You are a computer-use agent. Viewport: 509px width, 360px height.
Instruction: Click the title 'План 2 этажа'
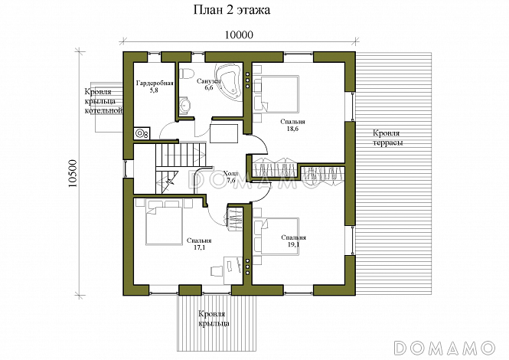point(232,10)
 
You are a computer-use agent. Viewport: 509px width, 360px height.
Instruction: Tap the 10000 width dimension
point(239,34)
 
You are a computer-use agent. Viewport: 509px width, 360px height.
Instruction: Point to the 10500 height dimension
point(73,173)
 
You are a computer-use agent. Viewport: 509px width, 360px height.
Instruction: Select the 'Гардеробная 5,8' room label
point(155,87)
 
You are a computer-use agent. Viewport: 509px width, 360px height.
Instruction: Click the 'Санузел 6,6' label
point(209,83)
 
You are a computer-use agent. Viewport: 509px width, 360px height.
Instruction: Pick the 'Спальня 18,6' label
point(293,125)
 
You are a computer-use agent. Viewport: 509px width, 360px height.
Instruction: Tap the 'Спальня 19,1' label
point(293,241)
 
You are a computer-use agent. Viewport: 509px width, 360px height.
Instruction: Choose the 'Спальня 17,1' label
point(199,244)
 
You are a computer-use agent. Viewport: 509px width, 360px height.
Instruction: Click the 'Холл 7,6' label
point(232,177)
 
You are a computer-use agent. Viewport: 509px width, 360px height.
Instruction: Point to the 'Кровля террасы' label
point(387,138)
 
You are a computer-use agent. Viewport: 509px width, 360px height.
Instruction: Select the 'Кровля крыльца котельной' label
point(103,101)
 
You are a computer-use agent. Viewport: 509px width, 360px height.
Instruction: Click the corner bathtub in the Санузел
point(229,81)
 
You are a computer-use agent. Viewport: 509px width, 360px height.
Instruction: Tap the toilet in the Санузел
point(186,73)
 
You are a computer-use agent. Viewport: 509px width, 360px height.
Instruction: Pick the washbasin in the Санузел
point(184,106)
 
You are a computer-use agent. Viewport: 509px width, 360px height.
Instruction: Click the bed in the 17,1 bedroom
point(164,223)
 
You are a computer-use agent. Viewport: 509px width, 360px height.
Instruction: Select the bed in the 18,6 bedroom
point(276,94)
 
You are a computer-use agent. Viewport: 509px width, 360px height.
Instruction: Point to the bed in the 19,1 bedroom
point(276,236)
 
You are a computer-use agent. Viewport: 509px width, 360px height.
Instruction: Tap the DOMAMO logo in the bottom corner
point(445,348)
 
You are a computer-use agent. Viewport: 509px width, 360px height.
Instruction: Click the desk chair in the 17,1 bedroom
point(217,271)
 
